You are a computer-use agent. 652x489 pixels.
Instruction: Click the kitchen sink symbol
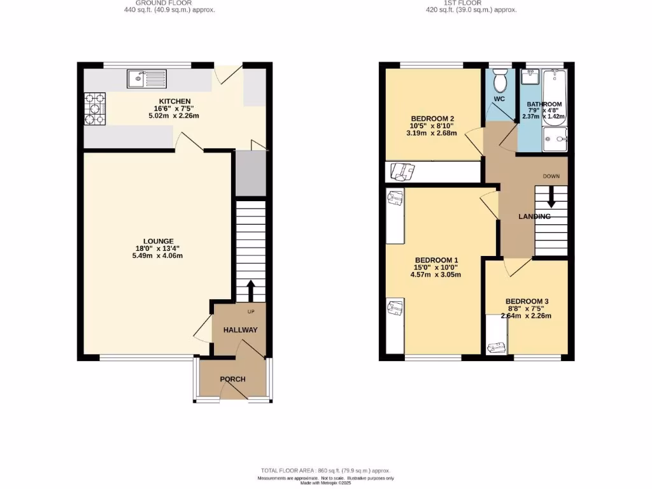[x=146, y=78]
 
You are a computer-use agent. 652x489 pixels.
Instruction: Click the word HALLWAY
[x=240, y=330]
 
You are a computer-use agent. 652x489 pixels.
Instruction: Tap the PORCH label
[x=232, y=379]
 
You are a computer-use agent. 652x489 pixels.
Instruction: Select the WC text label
[x=499, y=99]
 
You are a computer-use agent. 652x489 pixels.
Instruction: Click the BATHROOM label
[x=544, y=104]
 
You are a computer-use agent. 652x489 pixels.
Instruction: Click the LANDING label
[x=534, y=216]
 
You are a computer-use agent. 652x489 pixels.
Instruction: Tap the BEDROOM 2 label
[x=432, y=118]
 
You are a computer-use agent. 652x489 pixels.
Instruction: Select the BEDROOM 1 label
[x=437, y=260]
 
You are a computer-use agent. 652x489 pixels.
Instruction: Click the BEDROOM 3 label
[x=527, y=301]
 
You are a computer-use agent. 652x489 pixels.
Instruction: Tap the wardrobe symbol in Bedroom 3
[x=496, y=347]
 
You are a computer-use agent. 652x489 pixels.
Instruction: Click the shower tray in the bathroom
[x=554, y=138]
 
